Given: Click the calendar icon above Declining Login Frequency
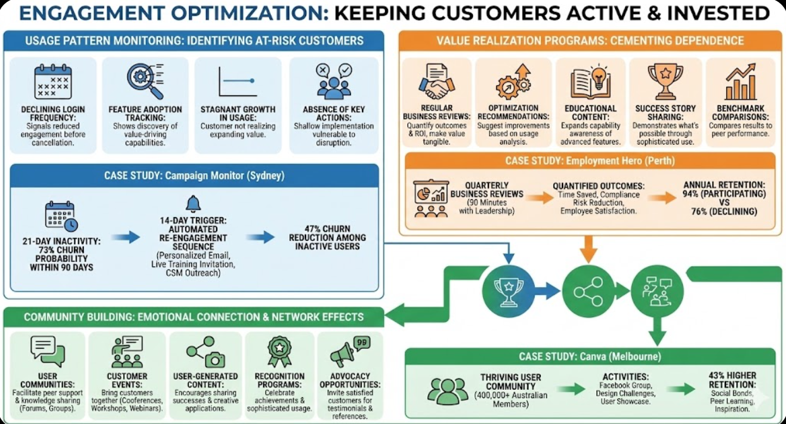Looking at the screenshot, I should tap(53, 81).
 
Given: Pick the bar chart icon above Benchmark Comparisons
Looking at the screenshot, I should tap(741, 80).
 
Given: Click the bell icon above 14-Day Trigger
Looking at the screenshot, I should tap(193, 204).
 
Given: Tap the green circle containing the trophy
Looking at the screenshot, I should tap(509, 290).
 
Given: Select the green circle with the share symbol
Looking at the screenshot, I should tap(588, 290).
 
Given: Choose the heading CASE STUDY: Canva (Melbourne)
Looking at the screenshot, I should tap(590, 357).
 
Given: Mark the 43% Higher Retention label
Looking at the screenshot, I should tap(732, 379).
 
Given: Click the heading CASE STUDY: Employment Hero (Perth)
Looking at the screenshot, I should tap(590, 161).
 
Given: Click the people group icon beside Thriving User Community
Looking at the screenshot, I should tap(448, 390).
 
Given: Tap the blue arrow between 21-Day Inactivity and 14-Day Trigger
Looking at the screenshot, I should tap(126, 237).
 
